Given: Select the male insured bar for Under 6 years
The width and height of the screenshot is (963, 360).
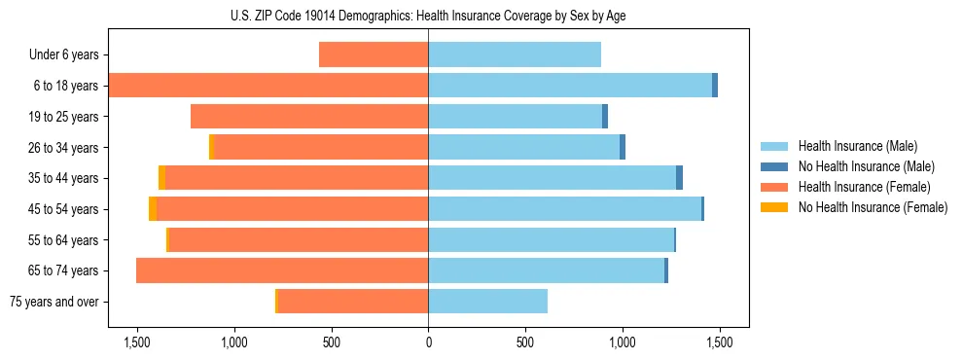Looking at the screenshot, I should click(x=515, y=54).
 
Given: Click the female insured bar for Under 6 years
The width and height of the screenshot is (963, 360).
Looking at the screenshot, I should click(x=374, y=54).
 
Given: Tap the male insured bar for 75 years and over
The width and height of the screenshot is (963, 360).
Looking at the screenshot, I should click(x=487, y=302).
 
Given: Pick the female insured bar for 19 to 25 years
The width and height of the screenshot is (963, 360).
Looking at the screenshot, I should click(x=309, y=117).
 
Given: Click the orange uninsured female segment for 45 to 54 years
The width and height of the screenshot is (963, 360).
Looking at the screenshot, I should click(x=153, y=209).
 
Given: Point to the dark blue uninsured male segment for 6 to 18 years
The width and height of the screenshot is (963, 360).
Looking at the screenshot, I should click(x=715, y=86).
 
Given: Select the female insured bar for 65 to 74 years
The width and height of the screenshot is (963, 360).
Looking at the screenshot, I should click(x=282, y=270).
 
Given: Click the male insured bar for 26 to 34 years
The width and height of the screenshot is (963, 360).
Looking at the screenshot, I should click(x=523, y=147).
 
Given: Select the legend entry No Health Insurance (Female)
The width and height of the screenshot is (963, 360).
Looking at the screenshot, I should click(x=872, y=207).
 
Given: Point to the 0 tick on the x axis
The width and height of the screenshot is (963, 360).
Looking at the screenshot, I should click(x=428, y=342).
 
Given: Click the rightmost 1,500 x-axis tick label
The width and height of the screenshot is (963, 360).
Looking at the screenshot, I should click(x=719, y=342).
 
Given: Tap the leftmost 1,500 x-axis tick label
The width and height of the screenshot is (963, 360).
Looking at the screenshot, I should click(x=137, y=342).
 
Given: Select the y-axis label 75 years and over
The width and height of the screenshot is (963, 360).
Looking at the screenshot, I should click(x=53, y=302).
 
